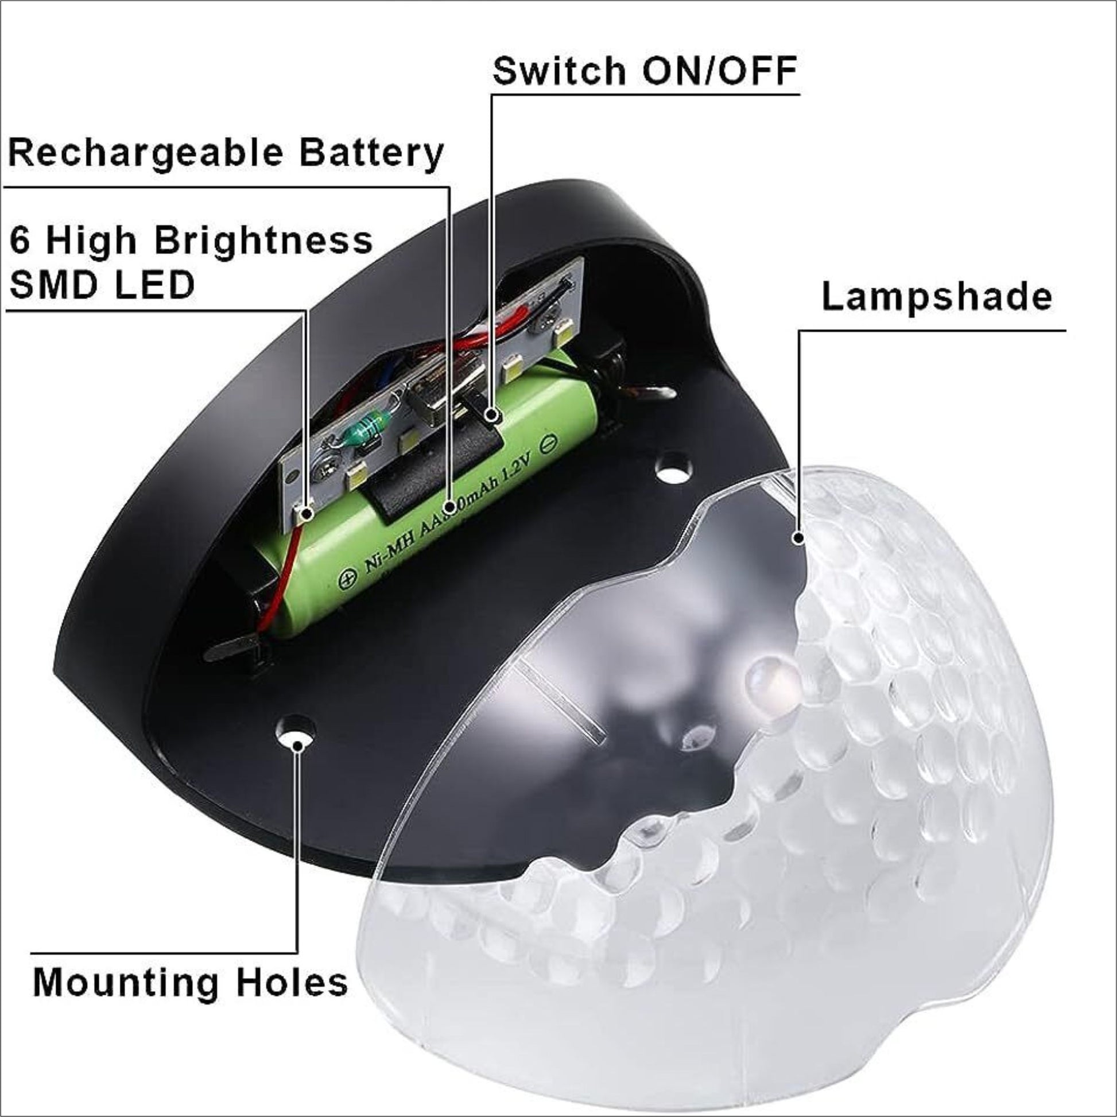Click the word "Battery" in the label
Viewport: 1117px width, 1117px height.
[371, 154]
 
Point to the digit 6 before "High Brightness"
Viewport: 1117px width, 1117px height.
[20, 241]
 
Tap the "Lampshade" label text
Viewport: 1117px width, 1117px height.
[937, 297]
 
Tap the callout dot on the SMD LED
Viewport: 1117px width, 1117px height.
[305, 512]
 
